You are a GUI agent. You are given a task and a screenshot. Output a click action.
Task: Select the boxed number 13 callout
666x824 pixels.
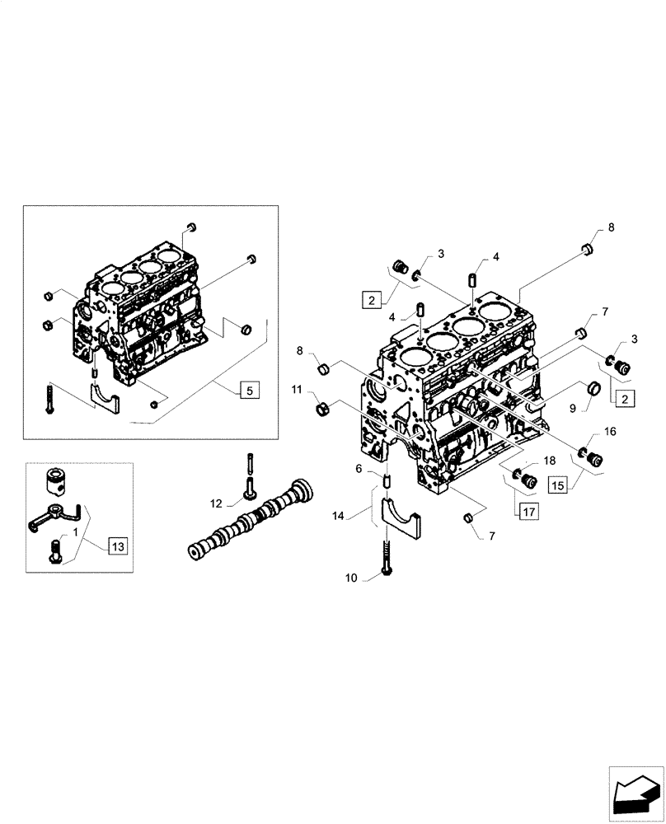pos(117,545)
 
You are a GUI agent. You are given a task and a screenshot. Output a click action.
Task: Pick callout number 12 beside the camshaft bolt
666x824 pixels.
pos(215,503)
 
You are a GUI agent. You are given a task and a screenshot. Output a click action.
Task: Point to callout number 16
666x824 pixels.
pos(610,431)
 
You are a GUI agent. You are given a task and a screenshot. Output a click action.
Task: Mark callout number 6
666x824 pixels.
pos(359,468)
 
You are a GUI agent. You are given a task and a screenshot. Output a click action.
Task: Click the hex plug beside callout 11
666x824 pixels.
pos(323,408)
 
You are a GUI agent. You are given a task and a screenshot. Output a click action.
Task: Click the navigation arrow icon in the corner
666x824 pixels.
pos(636,793)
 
